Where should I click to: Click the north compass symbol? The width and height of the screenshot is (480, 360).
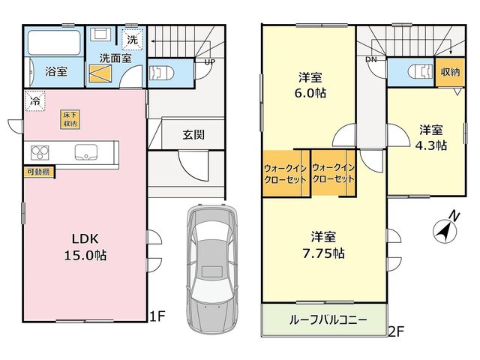tap(445, 228)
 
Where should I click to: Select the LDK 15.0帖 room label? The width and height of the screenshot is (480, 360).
tap(85, 247)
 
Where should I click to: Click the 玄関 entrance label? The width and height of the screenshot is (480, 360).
tap(193, 134)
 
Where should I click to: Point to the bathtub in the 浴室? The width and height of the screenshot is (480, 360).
tap(54, 42)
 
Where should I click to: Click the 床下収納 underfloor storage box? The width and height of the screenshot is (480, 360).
tap(70, 119)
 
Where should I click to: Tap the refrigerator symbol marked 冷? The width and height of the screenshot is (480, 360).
tap(35, 100)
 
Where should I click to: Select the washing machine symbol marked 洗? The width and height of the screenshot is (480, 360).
tap(132, 39)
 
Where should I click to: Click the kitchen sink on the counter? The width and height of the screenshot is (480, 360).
tap(86, 152)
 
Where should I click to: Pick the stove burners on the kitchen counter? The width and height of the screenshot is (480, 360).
tap(40, 152)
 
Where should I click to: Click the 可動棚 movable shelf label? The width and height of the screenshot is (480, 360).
tap(39, 172)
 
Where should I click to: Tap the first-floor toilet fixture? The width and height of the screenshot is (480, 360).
tap(161, 73)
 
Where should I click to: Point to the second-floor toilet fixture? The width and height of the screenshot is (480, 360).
tap(421, 72)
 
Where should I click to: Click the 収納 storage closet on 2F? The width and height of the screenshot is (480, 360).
tap(450, 72)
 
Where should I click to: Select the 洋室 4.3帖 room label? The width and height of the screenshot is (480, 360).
tap(430, 137)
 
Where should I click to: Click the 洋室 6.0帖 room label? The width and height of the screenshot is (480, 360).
tap(310, 85)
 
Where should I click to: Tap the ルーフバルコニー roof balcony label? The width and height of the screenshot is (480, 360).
tap(328, 320)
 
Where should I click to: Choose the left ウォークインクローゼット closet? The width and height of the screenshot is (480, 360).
tap(285, 173)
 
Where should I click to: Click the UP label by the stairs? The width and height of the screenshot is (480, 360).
tap(210, 61)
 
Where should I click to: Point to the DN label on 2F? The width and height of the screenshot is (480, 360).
tap(371, 60)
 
